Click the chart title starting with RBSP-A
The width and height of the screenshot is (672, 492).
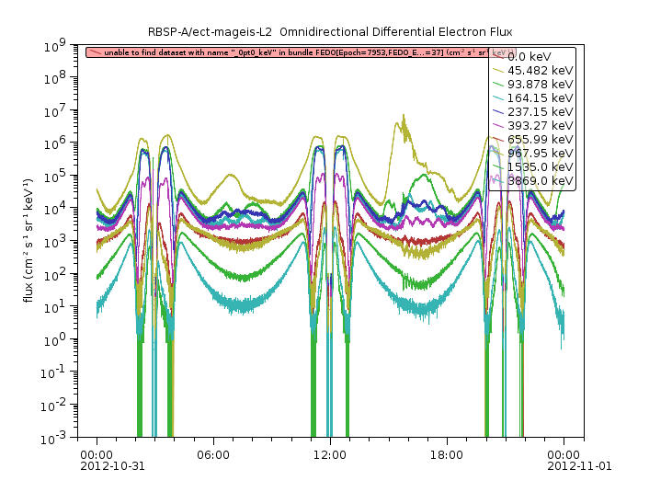336,33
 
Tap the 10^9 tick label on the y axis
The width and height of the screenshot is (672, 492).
63,44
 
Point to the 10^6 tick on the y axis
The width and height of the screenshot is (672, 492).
63,143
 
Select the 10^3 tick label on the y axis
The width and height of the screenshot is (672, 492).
63,241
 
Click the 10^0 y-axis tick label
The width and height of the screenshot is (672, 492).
63,339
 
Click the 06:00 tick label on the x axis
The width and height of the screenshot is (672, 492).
212,454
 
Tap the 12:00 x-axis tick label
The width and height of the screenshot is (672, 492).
329,454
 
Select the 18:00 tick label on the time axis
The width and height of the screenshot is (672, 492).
446,454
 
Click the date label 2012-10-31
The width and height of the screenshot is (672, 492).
112,466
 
